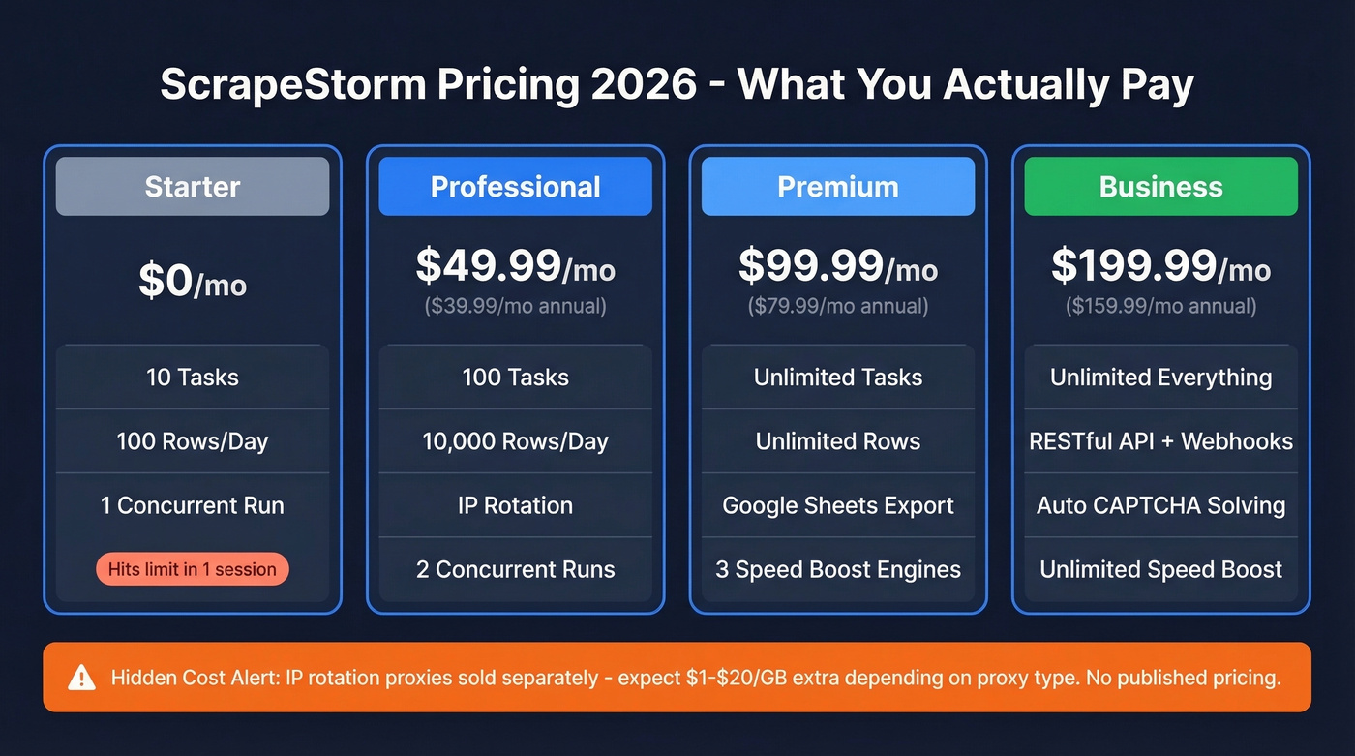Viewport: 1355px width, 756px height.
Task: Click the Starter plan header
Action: pyautogui.click(x=193, y=186)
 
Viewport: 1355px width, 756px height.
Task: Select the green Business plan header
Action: pyautogui.click(x=1160, y=186)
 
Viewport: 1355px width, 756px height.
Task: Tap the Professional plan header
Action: pyautogui.click(x=515, y=186)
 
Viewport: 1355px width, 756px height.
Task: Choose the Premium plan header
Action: pyautogui.click(x=838, y=186)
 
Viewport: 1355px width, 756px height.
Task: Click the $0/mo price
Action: pyautogui.click(x=193, y=281)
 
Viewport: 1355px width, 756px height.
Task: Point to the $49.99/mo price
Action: pyautogui.click(x=515, y=266)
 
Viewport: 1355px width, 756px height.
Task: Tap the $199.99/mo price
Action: pyautogui.click(x=1160, y=266)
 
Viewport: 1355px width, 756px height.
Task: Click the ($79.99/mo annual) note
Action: pyautogui.click(x=838, y=307)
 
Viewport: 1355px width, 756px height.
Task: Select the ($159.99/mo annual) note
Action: pyautogui.click(x=1160, y=307)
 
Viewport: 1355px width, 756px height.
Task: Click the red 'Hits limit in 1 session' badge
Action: pyautogui.click(x=193, y=569)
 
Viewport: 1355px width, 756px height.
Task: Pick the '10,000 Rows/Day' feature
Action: pyautogui.click(x=515, y=441)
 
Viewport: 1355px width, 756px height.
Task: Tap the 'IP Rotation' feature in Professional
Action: pyautogui.click(x=515, y=505)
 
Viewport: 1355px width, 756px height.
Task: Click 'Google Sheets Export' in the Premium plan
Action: pyautogui.click(x=838, y=505)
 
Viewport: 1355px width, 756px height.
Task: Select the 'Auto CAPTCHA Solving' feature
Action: pyautogui.click(x=1160, y=505)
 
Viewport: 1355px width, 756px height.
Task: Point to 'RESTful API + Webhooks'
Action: pyautogui.click(x=1160, y=441)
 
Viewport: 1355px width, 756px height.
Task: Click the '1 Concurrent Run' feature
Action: pyautogui.click(x=193, y=505)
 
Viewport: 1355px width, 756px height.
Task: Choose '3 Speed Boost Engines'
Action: pyautogui.click(x=838, y=569)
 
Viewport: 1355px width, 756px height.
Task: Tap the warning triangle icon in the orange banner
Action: pyautogui.click(x=82, y=678)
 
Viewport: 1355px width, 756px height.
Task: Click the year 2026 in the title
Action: pyautogui.click(x=642, y=84)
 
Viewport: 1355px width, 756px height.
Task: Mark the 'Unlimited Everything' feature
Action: pyautogui.click(x=1160, y=378)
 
